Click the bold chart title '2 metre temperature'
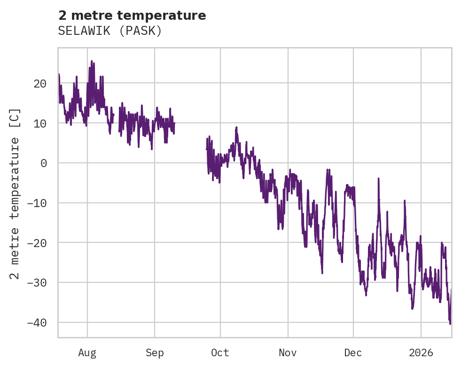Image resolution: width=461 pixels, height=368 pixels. (x=132, y=16)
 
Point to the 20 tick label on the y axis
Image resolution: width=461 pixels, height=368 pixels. (x=40, y=83)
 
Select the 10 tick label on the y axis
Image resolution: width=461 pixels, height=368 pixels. (x=40, y=123)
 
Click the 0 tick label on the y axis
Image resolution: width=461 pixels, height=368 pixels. (x=43, y=163)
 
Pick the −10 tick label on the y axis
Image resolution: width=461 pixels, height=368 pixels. (x=37, y=203)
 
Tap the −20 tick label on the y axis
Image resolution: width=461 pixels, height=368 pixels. (x=37, y=243)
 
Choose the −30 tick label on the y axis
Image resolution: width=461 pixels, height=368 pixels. (x=37, y=283)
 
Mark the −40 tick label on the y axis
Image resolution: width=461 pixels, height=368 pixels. (x=37, y=322)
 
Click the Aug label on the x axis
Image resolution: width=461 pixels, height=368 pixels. (x=87, y=353)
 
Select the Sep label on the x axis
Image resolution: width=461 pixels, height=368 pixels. (x=155, y=353)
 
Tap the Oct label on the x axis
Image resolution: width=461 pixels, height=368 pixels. (x=220, y=353)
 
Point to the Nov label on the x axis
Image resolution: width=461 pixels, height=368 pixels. (x=288, y=353)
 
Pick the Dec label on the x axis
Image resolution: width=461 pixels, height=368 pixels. (x=353, y=353)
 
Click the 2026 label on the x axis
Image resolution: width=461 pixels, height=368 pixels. (x=421, y=353)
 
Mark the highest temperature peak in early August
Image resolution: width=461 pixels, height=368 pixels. (x=92, y=61)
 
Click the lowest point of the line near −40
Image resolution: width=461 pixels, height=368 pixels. (x=450, y=324)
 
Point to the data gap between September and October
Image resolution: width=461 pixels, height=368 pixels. (x=190, y=141)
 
